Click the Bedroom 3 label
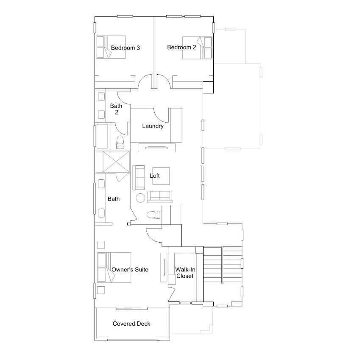coord(126,48)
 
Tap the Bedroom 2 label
coord(181,47)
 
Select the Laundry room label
coord(153,126)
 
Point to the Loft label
coord(155,176)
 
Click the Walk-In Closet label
coord(185,273)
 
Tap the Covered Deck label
coord(131,324)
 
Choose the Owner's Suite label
coord(130,270)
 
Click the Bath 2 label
coord(116,109)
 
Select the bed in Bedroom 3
coord(105,47)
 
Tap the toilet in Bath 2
coord(120,142)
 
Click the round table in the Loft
coord(140,198)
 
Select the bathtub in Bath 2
coord(102,136)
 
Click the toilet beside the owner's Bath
coord(152,215)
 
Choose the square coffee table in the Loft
coord(161,176)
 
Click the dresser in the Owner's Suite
coord(163,267)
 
